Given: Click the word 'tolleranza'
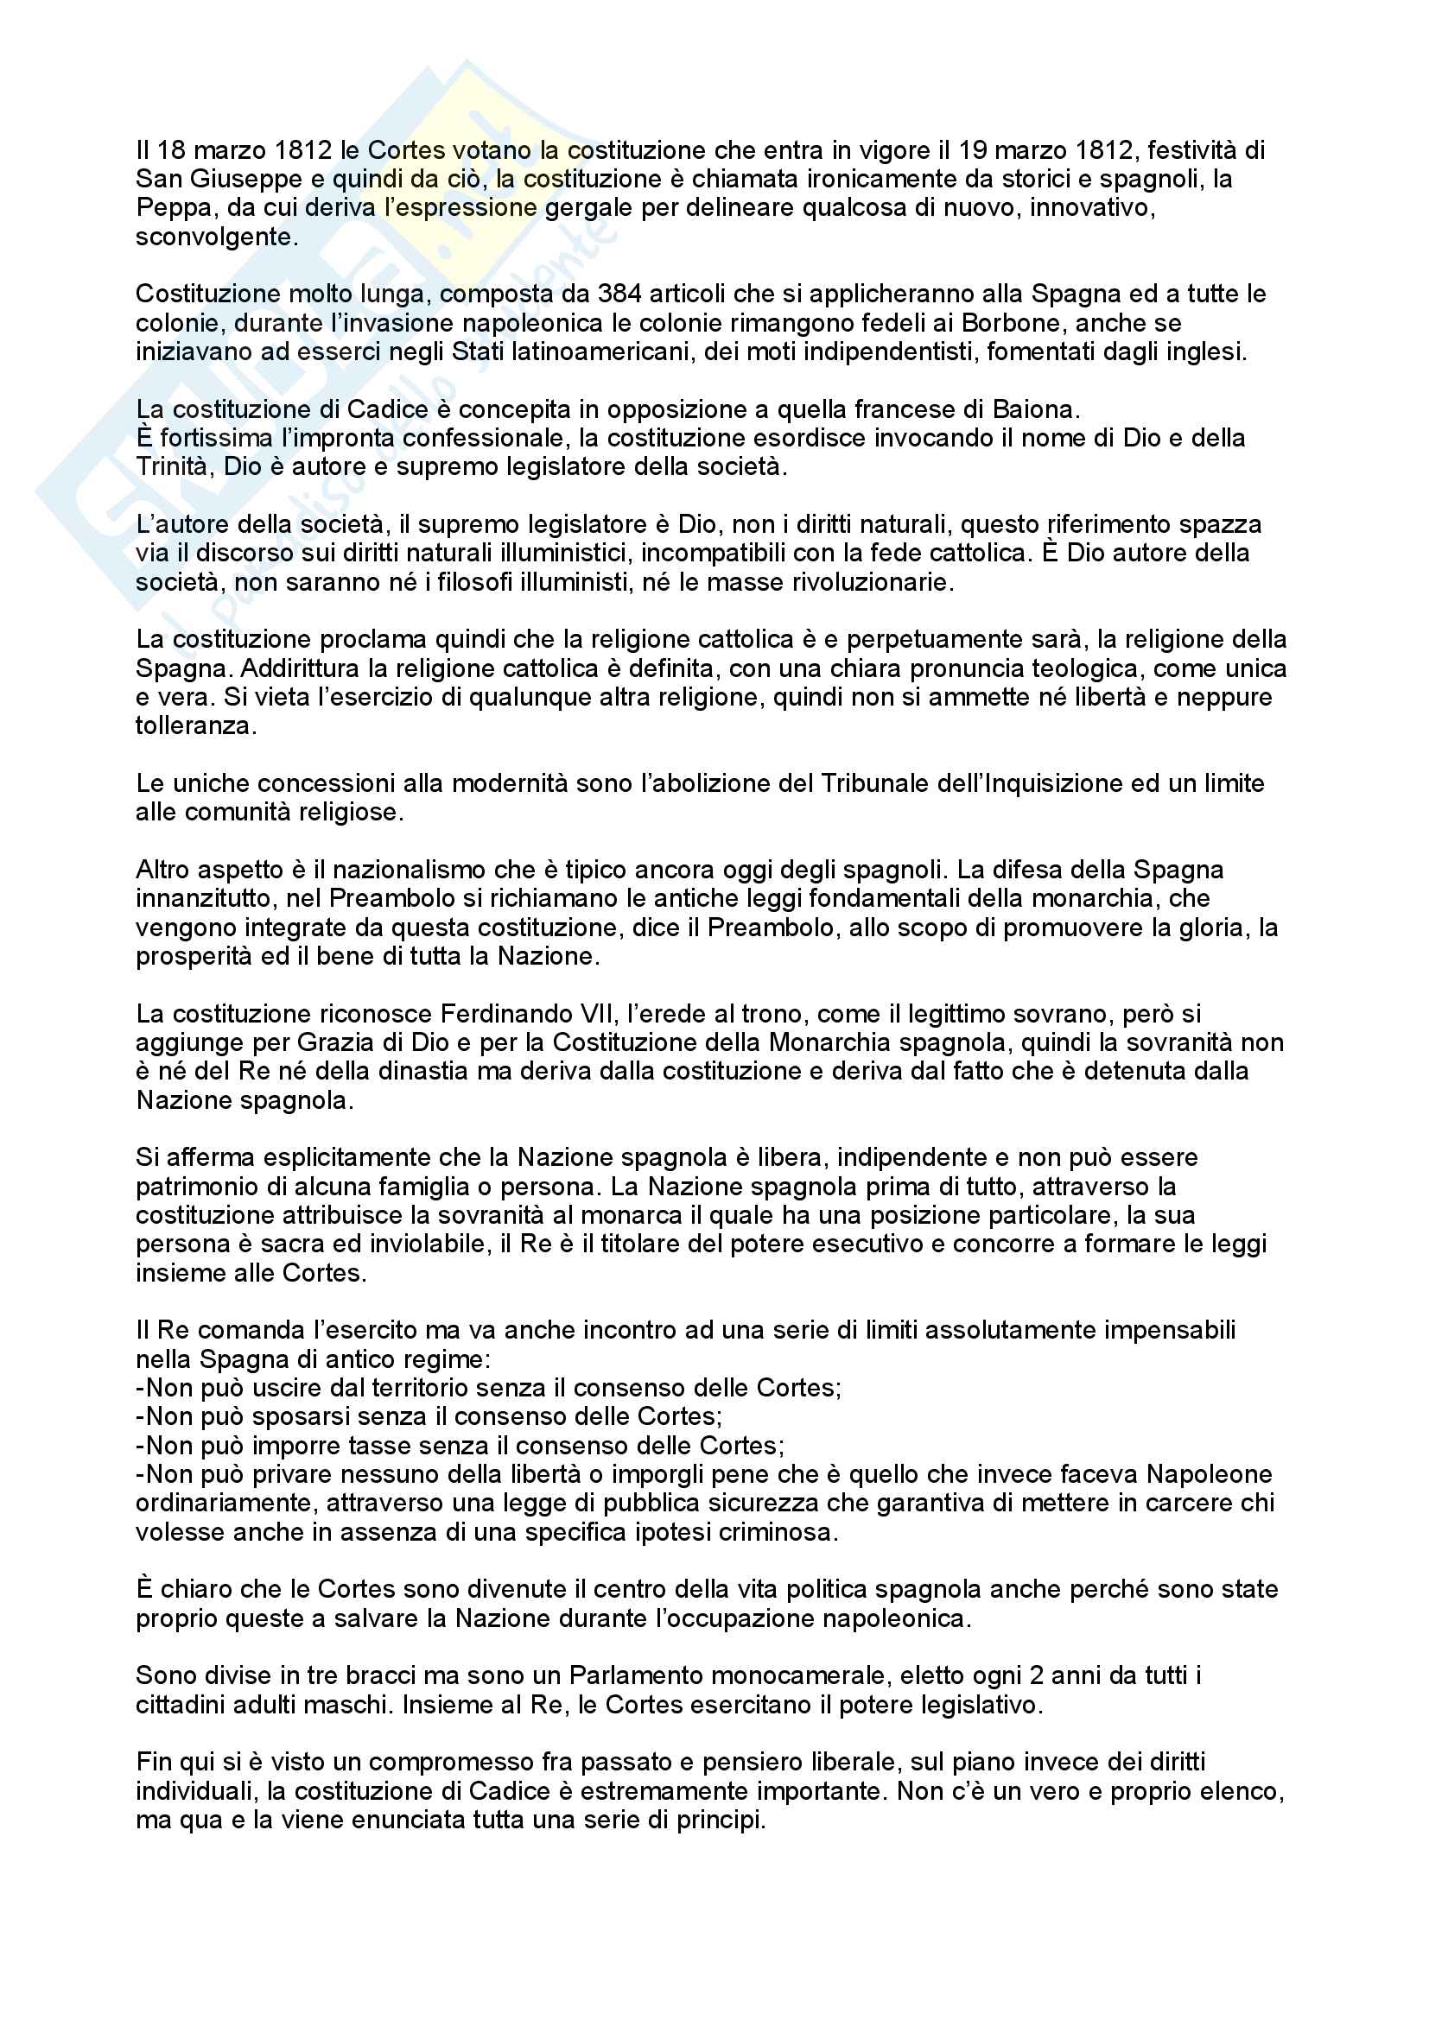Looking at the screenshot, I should click(194, 726).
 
